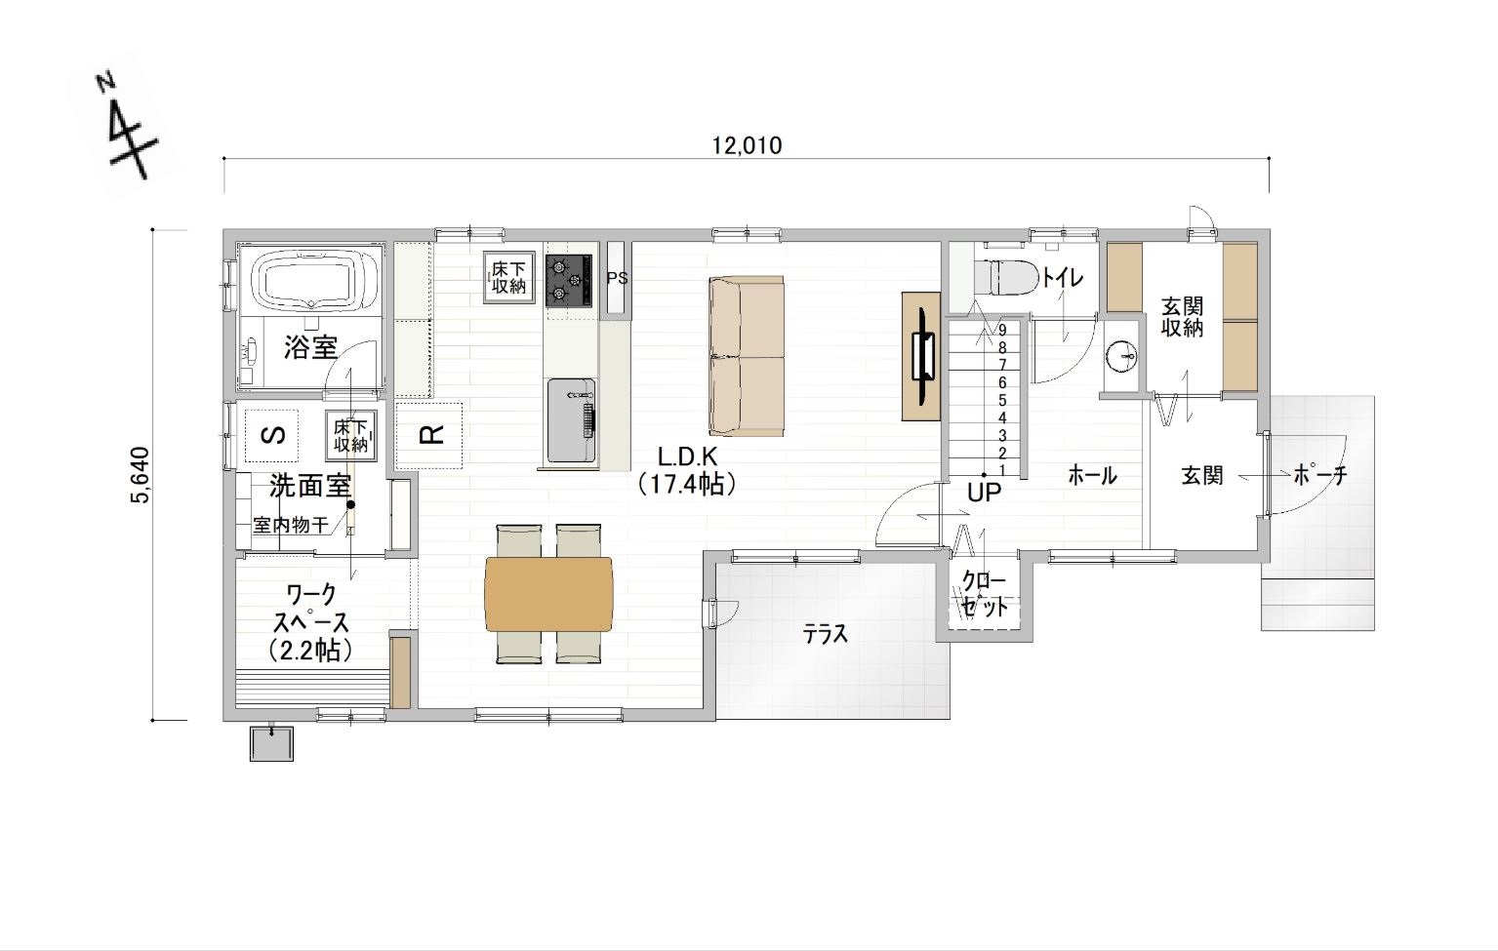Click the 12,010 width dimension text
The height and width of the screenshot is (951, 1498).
click(747, 145)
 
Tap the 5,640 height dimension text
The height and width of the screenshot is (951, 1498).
click(142, 475)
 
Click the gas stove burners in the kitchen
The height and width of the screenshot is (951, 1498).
click(569, 281)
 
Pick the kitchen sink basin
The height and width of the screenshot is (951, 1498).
click(571, 421)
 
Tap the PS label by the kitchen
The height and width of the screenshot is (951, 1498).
click(618, 278)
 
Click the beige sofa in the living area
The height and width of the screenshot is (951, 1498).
click(747, 356)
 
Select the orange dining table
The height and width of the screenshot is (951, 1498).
click(548, 593)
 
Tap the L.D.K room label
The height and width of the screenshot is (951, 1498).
click(687, 457)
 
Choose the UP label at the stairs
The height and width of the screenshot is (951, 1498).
click(985, 493)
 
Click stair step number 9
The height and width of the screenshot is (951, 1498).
click(1002, 330)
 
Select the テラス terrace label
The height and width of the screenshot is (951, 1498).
click(826, 634)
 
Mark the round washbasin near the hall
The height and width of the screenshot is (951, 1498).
click(1121, 356)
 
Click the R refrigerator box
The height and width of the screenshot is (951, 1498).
click(428, 435)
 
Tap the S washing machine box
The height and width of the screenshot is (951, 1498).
click(273, 435)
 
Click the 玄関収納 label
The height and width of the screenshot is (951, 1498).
click(1182, 317)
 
